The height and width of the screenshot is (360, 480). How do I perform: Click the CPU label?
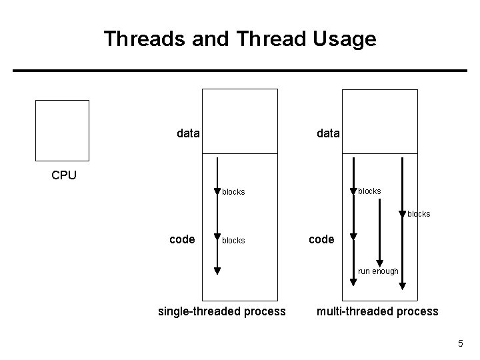[64, 176]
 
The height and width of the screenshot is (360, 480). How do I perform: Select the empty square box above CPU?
[62, 131]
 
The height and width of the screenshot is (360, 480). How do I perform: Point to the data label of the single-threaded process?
[189, 133]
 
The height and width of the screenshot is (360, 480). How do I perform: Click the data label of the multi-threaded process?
[328, 133]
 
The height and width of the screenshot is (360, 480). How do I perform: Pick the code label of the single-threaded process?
[182, 239]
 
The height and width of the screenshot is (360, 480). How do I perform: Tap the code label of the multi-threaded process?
[321, 239]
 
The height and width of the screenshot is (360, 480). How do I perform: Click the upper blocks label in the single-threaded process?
[233, 192]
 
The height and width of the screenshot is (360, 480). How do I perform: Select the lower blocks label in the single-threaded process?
[233, 241]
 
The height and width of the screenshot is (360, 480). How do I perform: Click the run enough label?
[378, 271]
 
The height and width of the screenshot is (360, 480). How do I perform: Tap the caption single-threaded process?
[221, 311]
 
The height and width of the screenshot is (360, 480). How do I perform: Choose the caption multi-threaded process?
[377, 311]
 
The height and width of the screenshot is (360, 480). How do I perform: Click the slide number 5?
[460, 343]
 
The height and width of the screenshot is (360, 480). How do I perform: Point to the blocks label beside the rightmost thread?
[419, 214]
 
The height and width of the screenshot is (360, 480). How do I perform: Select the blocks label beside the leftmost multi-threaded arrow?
[370, 191]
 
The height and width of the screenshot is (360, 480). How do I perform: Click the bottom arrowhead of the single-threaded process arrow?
[217, 271]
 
